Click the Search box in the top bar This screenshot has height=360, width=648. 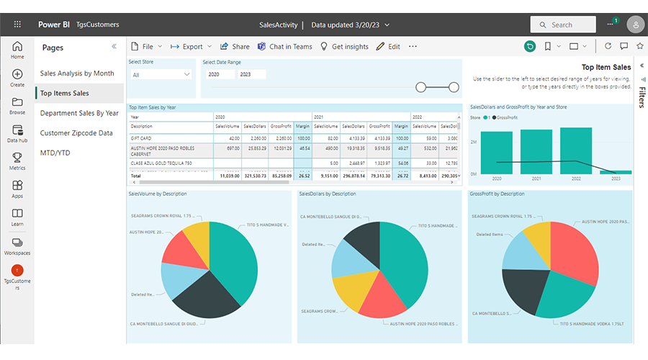(562, 24)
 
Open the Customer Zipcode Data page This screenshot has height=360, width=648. (76, 133)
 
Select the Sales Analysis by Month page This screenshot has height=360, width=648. (77, 73)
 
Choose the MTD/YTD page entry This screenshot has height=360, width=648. (56, 153)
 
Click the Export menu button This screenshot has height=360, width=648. (186, 47)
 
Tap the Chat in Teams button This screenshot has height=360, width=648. (285, 47)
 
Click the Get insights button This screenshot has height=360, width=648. (344, 47)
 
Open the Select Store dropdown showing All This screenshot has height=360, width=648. (161, 74)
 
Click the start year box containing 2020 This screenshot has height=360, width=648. (217, 74)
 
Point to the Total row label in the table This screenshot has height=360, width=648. (135, 175)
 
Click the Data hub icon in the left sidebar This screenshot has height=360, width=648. (17, 133)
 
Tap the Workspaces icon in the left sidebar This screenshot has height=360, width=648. (17, 246)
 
